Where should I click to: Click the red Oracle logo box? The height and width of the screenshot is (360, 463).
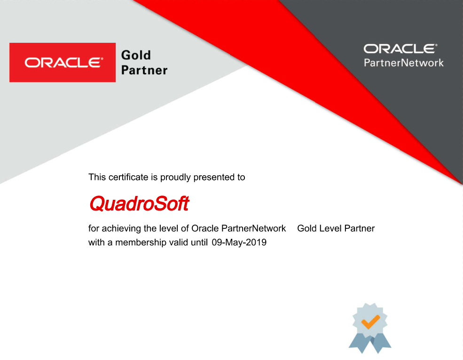63,63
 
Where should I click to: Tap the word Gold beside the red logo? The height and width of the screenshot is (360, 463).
136,55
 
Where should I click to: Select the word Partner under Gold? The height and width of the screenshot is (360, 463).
144,70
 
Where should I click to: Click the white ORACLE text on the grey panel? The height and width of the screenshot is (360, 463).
400,48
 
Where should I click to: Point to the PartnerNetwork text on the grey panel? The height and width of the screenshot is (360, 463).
404,63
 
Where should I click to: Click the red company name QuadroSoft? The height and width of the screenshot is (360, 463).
139,203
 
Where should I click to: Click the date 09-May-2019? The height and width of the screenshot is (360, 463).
239,243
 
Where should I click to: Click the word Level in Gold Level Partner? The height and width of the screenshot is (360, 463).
330,228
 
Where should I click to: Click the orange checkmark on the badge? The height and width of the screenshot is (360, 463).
370,321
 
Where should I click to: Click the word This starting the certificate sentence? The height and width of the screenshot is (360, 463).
97,178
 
